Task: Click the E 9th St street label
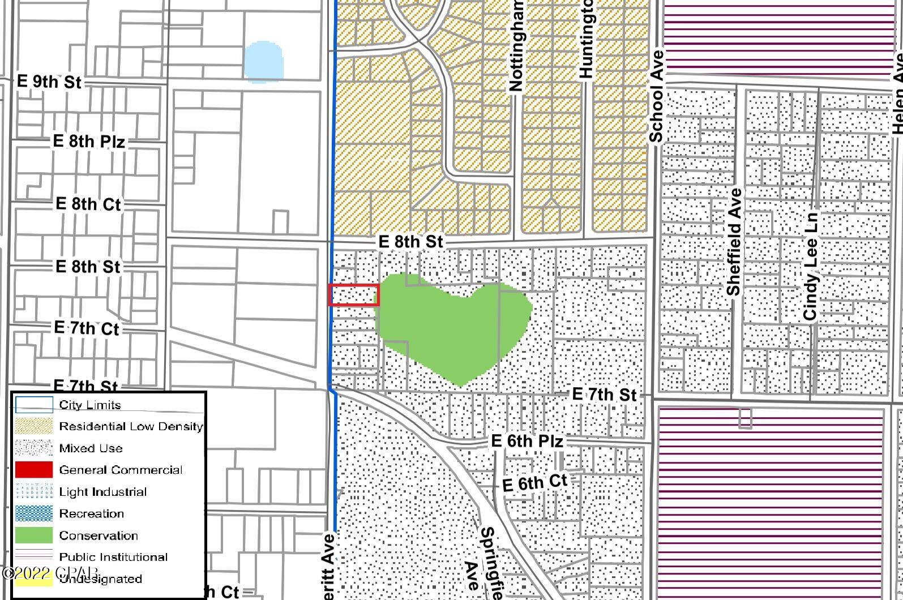[49, 82]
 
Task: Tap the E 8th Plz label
[88, 141]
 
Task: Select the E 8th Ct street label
[88, 204]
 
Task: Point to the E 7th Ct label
[87, 328]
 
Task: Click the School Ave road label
[656, 97]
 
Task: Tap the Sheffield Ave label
[734, 242]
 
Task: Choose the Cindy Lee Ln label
[811, 266]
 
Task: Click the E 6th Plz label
[527, 441]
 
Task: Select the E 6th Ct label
[534, 483]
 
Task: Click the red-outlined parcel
[354, 295]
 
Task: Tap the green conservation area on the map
[453, 328]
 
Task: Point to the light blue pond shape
[263, 62]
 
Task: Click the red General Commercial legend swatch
[33, 470]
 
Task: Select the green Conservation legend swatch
[33, 535]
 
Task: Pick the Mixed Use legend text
[91, 448]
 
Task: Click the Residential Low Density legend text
[131, 426]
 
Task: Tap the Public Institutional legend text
[113, 557]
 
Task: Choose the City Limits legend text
[90, 405]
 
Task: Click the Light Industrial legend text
[102, 492]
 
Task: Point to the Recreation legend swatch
[33, 513]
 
